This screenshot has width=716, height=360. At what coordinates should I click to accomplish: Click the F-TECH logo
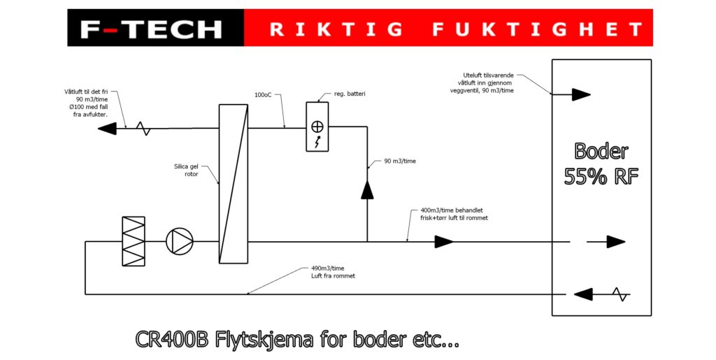point(151,29)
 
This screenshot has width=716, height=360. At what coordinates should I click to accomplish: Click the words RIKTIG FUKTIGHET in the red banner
point(456,29)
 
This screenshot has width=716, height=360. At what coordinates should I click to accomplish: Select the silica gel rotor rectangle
point(234,183)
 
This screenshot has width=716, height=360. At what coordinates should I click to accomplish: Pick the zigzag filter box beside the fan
point(133,241)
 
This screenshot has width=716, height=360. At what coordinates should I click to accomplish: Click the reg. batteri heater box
point(317,127)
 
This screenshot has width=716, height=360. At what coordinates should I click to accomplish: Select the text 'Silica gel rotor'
point(186,171)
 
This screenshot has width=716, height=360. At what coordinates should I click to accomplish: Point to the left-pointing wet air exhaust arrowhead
point(107,128)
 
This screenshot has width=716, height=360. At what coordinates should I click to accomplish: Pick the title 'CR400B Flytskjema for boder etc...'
point(297,341)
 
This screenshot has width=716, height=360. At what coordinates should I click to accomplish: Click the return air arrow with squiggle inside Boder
point(601,294)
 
